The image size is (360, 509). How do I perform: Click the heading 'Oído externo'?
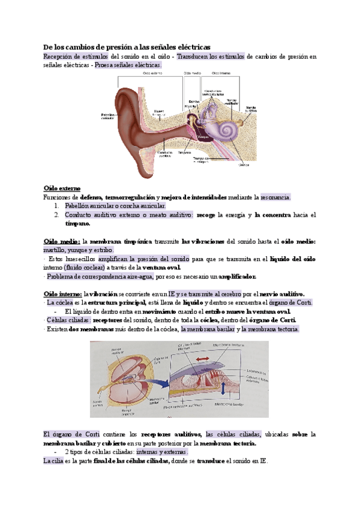[62, 188]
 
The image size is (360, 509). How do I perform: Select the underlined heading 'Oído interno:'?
[63, 294]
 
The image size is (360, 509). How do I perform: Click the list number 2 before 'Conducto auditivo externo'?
[56, 214]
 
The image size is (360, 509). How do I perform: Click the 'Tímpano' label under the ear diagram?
[184, 153]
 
